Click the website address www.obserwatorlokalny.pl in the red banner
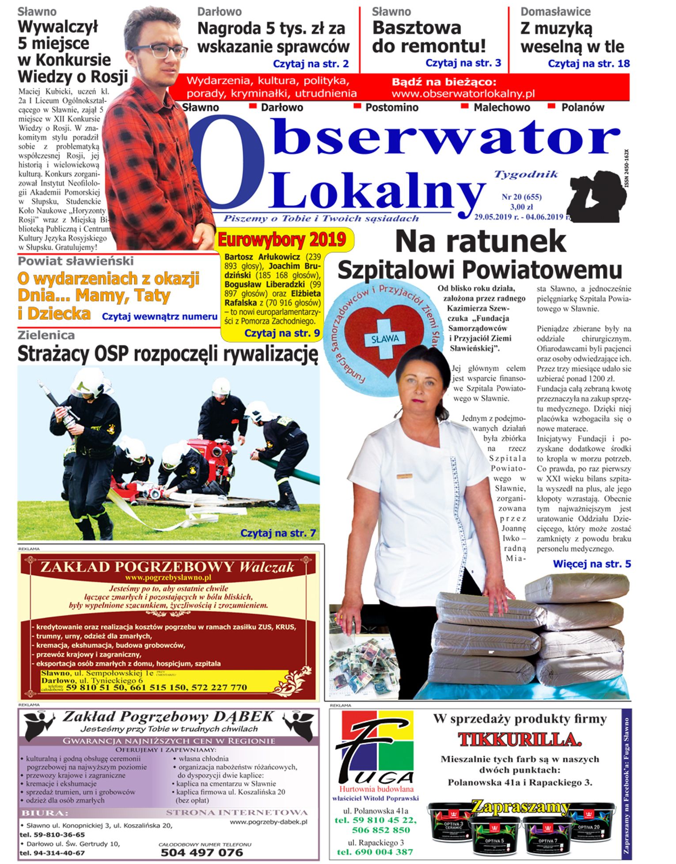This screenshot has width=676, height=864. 463,94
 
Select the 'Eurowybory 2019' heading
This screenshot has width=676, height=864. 282,240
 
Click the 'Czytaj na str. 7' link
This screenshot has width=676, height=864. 278,533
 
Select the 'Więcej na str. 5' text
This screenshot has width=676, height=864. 592,564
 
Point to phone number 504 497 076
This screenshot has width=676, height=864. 201,852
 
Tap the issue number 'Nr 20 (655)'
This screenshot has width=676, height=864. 521,197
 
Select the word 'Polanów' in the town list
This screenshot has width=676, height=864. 582,107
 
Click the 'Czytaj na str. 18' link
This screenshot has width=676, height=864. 589,63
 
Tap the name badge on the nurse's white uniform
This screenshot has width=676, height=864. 404,476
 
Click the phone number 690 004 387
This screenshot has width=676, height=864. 375,852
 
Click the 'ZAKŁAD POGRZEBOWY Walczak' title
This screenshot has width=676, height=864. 167,567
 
